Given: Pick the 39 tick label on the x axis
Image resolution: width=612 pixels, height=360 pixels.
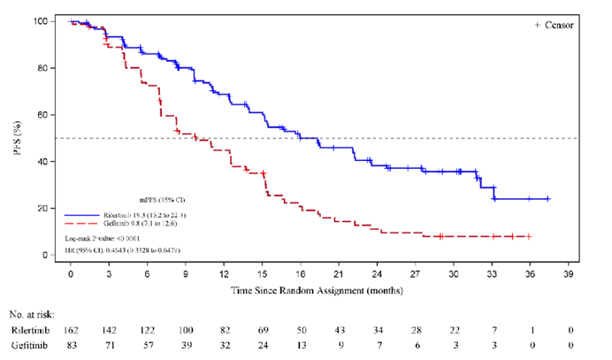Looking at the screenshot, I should tap(569, 274).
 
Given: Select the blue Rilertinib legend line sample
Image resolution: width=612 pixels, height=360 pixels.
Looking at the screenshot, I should tap(83, 215).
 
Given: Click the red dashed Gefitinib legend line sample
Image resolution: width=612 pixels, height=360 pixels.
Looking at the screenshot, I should tap(83, 225).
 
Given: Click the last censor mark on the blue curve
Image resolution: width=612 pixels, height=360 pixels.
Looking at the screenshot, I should tap(549, 199).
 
